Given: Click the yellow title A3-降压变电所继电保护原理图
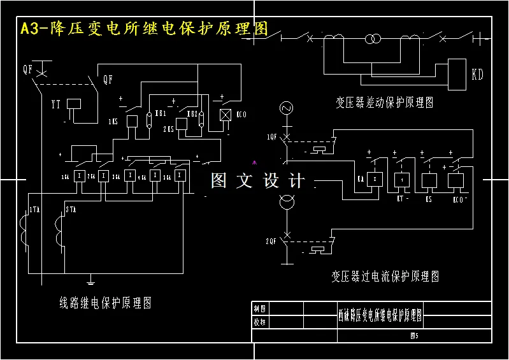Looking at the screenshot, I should point(144,30).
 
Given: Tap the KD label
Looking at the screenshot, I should point(477,75).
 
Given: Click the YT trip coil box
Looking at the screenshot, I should point(75,104).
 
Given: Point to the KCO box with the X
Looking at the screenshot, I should point(224,115).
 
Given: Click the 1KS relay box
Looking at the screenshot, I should point(132,121).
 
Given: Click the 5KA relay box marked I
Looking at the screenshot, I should point(180,175).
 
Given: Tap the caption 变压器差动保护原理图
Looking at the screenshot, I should point(385,102).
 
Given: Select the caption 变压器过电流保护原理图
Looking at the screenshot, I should point(385,277).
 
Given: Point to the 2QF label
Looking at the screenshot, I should point(271,241).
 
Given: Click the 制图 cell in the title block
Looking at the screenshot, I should point(260,308).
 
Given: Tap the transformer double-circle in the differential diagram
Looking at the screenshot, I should point(373,40).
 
